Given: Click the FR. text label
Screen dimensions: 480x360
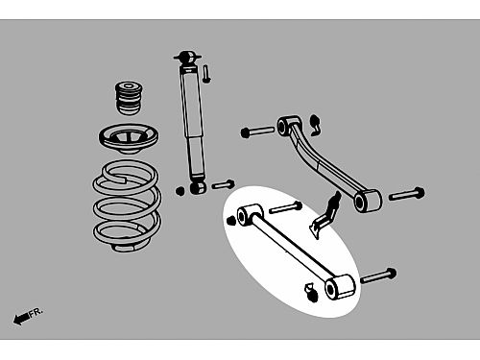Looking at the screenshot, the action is (36, 312).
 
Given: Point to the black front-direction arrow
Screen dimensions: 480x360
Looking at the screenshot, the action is (21, 319).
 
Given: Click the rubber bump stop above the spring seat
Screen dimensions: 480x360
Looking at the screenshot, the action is (129, 98).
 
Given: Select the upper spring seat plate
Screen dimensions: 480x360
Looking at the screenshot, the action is (129, 138).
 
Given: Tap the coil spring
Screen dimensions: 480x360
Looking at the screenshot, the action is (127, 204).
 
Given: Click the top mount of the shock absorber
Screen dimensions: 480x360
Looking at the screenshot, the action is (187, 58).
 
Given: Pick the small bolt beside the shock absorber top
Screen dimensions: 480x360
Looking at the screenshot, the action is (206, 74).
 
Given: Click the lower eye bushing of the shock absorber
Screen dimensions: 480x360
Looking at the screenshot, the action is (198, 187).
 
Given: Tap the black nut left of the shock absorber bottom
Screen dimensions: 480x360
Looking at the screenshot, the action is (180, 191).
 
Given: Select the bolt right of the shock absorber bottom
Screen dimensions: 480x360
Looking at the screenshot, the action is (223, 184).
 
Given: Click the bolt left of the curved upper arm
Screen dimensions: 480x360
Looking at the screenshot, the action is (257, 132).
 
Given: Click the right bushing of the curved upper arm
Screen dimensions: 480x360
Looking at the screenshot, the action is (367, 201).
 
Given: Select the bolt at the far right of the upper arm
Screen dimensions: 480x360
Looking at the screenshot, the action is (407, 194).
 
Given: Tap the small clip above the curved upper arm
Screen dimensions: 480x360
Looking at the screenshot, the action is (316, 125).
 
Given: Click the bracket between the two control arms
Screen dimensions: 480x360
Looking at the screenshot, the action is (325, 215).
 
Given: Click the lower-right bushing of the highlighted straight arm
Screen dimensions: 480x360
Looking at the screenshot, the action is (339, 287).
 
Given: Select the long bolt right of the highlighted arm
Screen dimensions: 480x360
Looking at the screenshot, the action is (378, 276).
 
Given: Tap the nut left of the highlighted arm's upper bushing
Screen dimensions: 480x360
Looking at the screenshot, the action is (230, 221).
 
